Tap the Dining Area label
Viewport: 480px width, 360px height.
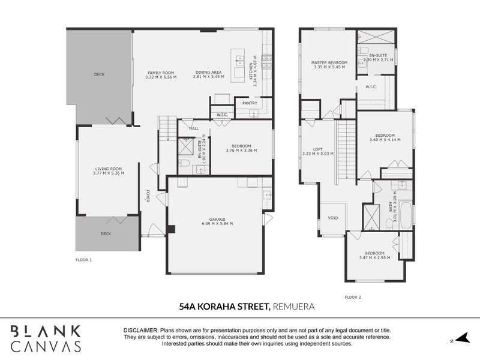click(x=208, y=72)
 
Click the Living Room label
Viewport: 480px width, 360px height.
click(x=109, y=169)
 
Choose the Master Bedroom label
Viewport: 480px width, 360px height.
click(x=329, y=62)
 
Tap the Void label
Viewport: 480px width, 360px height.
click(x=333, y=218)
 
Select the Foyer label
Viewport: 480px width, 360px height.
click(x=148, y=196)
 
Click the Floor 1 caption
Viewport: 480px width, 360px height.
click(x=83, y=260)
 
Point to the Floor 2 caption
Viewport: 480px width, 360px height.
click(x=353, y=297)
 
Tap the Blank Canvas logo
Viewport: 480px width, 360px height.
click(x=46, y=338)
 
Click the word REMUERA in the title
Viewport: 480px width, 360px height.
click(x=294, y=307)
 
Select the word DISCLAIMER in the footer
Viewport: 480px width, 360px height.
click(x=140, y=331)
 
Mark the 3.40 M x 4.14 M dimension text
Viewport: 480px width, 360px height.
click(x=385, y=140)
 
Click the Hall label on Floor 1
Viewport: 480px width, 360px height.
click(x=194, y=128)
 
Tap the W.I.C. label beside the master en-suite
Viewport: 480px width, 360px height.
click(x=370, y=87)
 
